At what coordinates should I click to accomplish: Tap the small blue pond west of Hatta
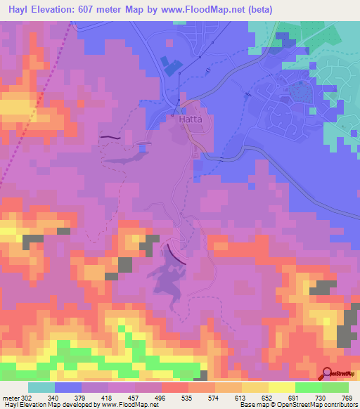(x=143, y=146)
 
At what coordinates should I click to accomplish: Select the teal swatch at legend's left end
(x=41, y=387)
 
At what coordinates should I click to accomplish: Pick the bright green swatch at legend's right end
(x=335, y=387)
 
